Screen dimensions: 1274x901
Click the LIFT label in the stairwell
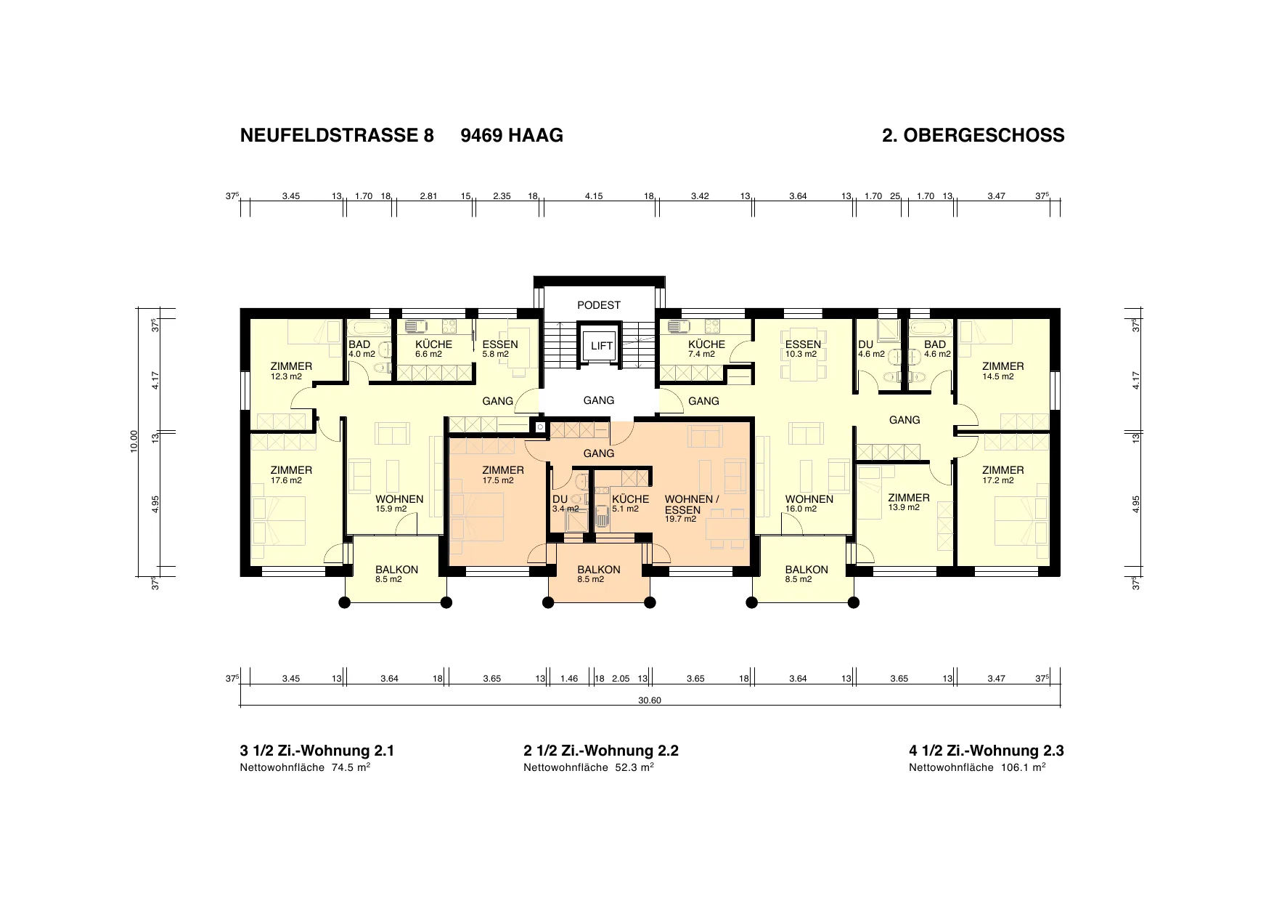(601, 346)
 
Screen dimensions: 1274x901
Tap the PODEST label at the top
(599, 305)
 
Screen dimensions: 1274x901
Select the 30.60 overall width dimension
(650, 701)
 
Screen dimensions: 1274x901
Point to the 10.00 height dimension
(134, 442)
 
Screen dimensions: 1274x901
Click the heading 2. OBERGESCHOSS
(973, 135)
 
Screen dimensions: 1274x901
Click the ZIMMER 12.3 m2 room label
(291, 371)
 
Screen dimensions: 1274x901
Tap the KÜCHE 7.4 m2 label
(706, 349)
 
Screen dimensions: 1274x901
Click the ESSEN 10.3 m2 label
(803, 349)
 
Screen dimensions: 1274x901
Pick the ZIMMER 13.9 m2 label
(909, 502)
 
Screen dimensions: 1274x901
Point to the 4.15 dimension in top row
(594, 196)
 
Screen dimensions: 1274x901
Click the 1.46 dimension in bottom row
(570, 679)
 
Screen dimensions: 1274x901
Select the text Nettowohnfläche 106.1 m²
(977, 767)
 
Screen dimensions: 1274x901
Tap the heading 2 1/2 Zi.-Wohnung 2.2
(601, 751)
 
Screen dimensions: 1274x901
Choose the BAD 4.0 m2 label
(362, 349)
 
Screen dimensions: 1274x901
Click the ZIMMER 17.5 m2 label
(503, 474)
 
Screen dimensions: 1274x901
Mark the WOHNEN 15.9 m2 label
(399, 504)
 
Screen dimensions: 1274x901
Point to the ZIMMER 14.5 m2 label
(1003, 371)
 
